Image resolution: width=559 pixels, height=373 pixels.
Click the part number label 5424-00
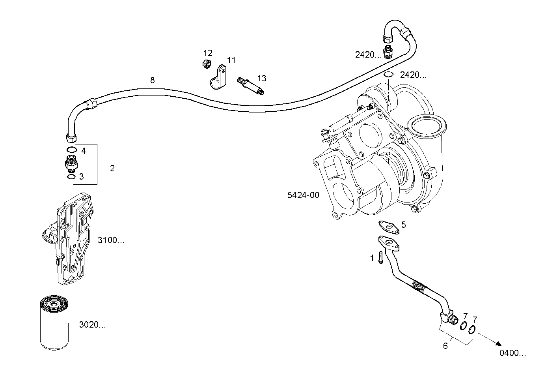point(303,195)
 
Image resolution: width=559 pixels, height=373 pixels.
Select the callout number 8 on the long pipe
point(153,81)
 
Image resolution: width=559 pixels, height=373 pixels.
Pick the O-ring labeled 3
point(71,176)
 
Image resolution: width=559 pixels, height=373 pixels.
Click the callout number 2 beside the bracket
point(112,169)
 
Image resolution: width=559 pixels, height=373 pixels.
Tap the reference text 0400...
point(512,354)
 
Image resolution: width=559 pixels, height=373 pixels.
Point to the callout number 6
point(445,346)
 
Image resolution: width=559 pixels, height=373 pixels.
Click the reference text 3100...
point(111,240)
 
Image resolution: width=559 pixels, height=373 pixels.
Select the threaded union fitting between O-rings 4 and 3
point(71,163)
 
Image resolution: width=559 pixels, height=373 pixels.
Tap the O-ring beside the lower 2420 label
point(388,75)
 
